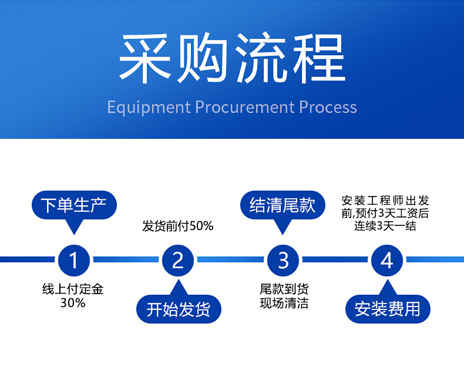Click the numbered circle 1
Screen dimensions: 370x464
coord(73,259)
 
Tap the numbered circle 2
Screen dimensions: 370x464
coord(178,259)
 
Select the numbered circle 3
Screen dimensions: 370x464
coord(283,259)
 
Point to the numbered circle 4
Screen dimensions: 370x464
coord(387,259)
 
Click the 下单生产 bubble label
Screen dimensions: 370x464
coord(73,205)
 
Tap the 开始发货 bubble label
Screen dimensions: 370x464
coord(178,309)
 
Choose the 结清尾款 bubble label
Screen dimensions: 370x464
coord(283,205)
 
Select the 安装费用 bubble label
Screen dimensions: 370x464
coord(387,309)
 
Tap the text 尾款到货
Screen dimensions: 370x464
coord(284,289)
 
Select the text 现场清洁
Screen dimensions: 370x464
coord(284,303)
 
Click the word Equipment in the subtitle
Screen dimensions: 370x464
coord(149,108)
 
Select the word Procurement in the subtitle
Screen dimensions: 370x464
coord(244,108)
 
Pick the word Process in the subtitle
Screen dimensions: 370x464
coord(328,108)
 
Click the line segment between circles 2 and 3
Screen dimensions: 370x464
coord(230,259)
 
